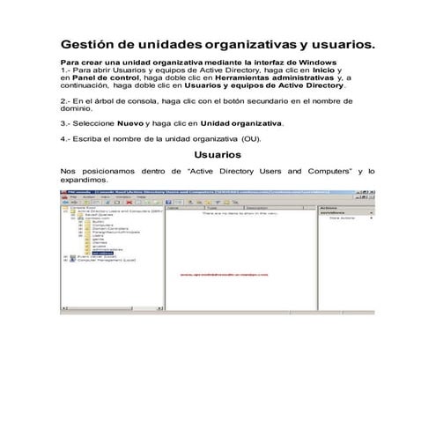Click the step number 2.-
(x=66, y=102)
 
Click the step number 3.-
(x=66, y=124)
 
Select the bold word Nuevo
(x=130, y=124)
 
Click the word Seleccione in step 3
(x=94, y=124)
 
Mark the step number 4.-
(x=66, y=139)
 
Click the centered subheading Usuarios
(x=218, y=154)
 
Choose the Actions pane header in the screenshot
(x=329, y=208)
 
